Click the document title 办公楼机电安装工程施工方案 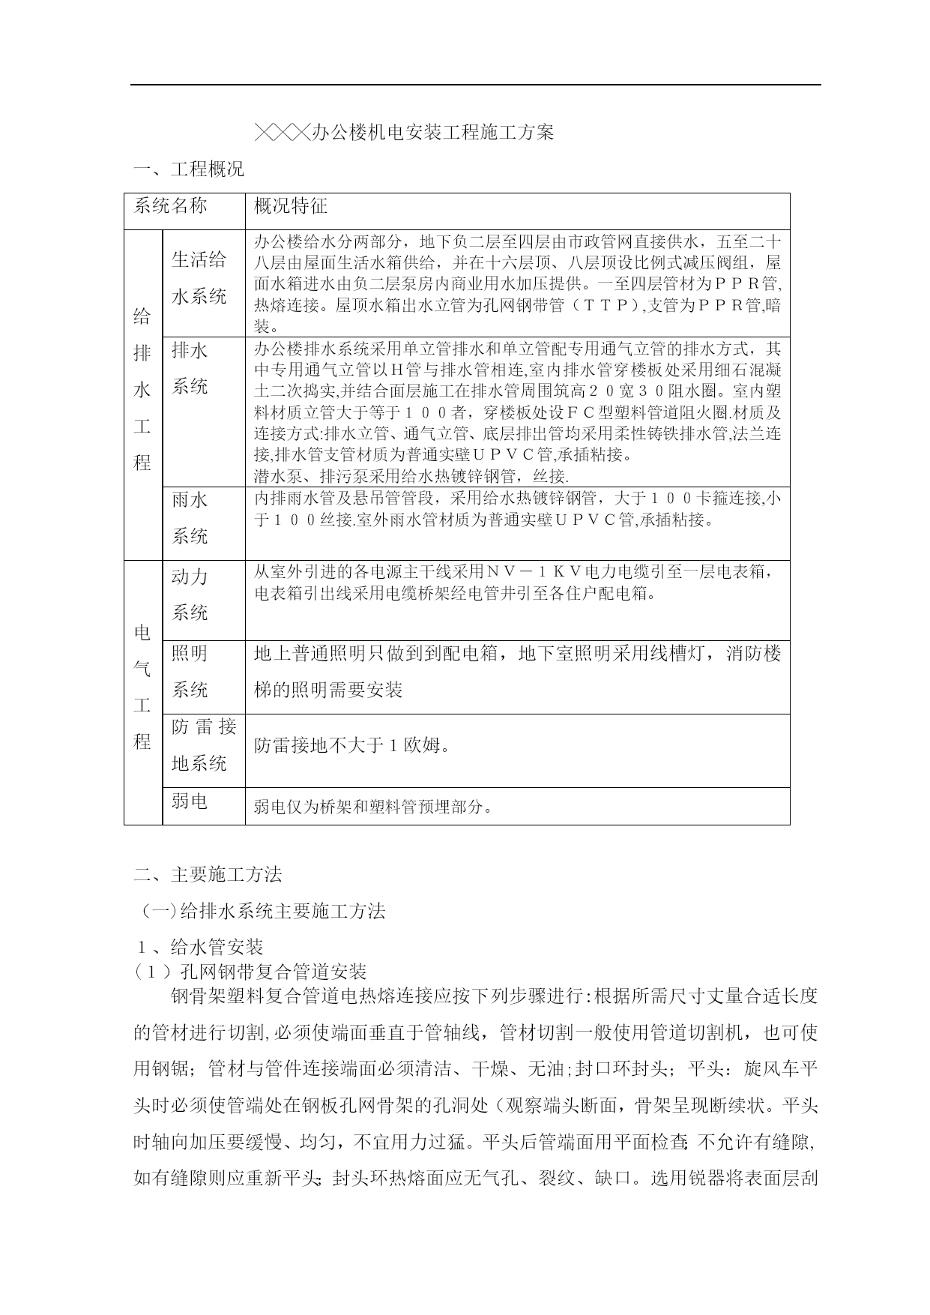click(405, 133)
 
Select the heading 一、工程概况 click(189, 169)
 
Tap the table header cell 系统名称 click(170, 206)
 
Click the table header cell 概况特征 click(291, 206)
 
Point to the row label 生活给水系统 click(199, 278)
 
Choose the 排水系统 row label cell click(190, 368)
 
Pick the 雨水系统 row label click(190, 517)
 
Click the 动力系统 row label click(190, 595)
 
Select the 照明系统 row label click(190, 671)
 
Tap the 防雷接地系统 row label click(203, 744)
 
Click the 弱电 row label click(190, 801)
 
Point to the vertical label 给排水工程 click(142, 390)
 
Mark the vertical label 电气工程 click(142, 687)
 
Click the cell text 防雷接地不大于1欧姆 click(352, 746)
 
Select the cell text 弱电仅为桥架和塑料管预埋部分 click(374, 807)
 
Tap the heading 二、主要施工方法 click(208, 874)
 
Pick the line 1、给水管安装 click(198, 947)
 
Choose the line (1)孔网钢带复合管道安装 click(250, 972)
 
